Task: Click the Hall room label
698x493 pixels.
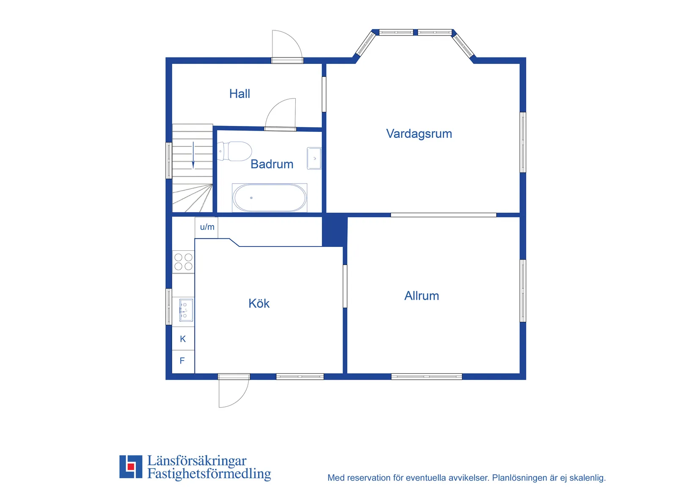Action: [239, 94]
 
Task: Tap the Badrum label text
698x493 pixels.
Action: [272, 164]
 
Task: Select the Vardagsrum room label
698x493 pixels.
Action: [419, 134]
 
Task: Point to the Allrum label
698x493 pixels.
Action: [422, 296]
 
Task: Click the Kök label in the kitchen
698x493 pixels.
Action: [258, 303]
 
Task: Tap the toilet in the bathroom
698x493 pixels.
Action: [234, 151]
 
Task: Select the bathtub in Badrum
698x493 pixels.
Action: [269, 198]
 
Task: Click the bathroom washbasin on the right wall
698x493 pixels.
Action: [314, 159]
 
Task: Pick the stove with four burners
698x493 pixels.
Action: [183, 262]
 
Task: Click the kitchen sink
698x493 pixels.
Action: [186, 310]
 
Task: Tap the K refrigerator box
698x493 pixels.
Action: [183, 339]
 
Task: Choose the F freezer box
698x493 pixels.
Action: [183, 361]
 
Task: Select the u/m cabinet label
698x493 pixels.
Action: [207, 227]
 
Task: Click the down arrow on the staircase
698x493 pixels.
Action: [193, 155]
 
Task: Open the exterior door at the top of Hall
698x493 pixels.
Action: [287, 47]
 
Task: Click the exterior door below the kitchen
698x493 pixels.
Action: [234, 391]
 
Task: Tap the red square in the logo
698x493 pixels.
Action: [131, 466]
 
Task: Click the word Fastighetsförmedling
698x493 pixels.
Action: [209, 474]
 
